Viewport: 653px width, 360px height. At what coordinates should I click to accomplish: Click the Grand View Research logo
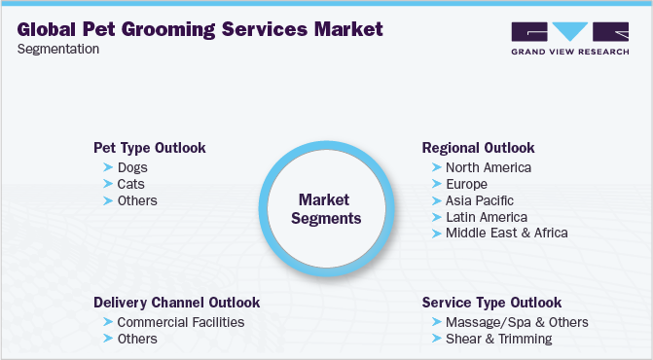click(569, 37)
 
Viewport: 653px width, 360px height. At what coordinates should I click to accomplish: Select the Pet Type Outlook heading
click(149, 148)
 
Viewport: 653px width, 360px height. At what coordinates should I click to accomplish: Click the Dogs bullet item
click(132, 167)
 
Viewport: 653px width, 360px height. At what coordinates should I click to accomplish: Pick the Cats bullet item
click(130, 184)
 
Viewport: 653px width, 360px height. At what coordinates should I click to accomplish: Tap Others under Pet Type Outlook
click(137, 200)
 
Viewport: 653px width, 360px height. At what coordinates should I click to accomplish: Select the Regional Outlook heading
click(478, 148)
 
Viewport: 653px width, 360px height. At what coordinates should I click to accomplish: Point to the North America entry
click(489, 167)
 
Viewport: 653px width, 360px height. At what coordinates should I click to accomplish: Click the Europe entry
click(466, 184)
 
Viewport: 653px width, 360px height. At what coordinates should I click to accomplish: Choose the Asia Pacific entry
click(479, 200)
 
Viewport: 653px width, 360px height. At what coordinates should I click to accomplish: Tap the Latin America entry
click(487, 217)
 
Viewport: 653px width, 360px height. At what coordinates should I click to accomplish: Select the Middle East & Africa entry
click(506, 233)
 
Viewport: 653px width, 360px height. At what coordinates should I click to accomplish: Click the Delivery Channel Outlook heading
click(176, 303)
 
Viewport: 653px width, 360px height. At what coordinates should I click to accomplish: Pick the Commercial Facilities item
click(181, 322)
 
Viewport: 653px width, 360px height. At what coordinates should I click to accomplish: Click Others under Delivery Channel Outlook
click(137, 339)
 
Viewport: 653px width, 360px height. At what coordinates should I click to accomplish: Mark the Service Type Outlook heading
click(491, 303)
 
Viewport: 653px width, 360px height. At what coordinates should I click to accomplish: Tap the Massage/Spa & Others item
click(517, 322)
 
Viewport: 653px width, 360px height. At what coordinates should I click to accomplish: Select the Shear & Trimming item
click(499, 339)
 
